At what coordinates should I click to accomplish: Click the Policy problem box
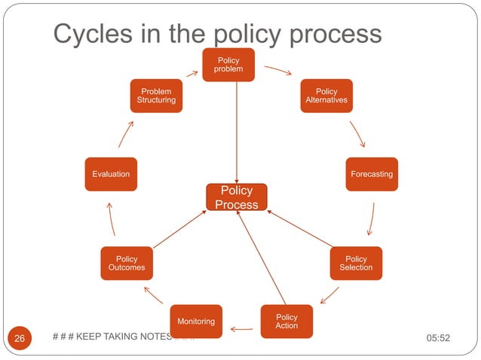228,64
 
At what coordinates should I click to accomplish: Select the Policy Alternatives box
326,96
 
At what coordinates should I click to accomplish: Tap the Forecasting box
372,174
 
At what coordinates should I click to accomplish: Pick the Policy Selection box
356,263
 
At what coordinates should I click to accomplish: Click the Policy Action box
286,321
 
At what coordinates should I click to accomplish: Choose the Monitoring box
196,322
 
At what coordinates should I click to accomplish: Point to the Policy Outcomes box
127,263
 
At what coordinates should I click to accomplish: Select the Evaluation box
111,174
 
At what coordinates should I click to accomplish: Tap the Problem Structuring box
156,96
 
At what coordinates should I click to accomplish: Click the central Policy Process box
237,197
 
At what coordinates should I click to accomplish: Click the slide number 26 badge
20,338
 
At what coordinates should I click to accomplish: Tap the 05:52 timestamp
438,338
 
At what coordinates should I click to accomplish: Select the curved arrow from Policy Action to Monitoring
242,329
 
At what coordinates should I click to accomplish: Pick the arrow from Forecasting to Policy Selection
371,221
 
